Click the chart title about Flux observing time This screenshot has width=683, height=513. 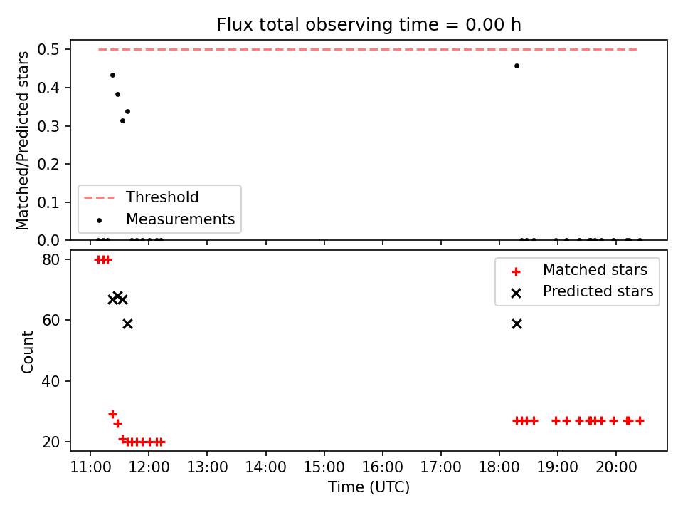369,24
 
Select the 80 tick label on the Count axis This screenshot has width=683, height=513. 51,259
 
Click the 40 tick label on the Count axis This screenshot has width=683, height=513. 51,381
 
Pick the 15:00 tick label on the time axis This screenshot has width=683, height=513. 324,467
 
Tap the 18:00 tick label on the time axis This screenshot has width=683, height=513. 499,467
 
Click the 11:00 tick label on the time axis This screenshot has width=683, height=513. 90,467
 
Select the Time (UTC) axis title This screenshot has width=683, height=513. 369,487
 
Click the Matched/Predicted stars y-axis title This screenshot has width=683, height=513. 22,140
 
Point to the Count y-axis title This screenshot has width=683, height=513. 27,352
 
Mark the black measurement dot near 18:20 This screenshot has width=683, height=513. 517,66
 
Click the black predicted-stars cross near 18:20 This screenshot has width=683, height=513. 517,323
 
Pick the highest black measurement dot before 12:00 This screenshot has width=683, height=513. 112,75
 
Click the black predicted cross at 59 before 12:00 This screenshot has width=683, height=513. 127,323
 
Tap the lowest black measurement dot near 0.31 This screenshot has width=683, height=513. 122,121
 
